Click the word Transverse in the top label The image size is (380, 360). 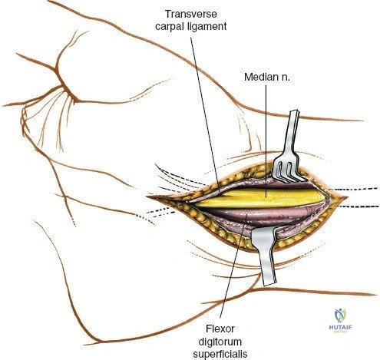[x=191, y=14]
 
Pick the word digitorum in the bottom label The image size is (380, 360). [x=220, y=342]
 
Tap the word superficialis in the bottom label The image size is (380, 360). [x=220, y=355]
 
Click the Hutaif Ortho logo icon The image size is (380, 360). [x=340, y=315]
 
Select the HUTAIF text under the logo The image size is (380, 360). [x=340, y=327]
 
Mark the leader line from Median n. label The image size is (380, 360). [x=266, y=141]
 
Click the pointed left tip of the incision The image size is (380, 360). [x=147, y=197]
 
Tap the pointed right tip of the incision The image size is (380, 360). [x=348, y=197]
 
